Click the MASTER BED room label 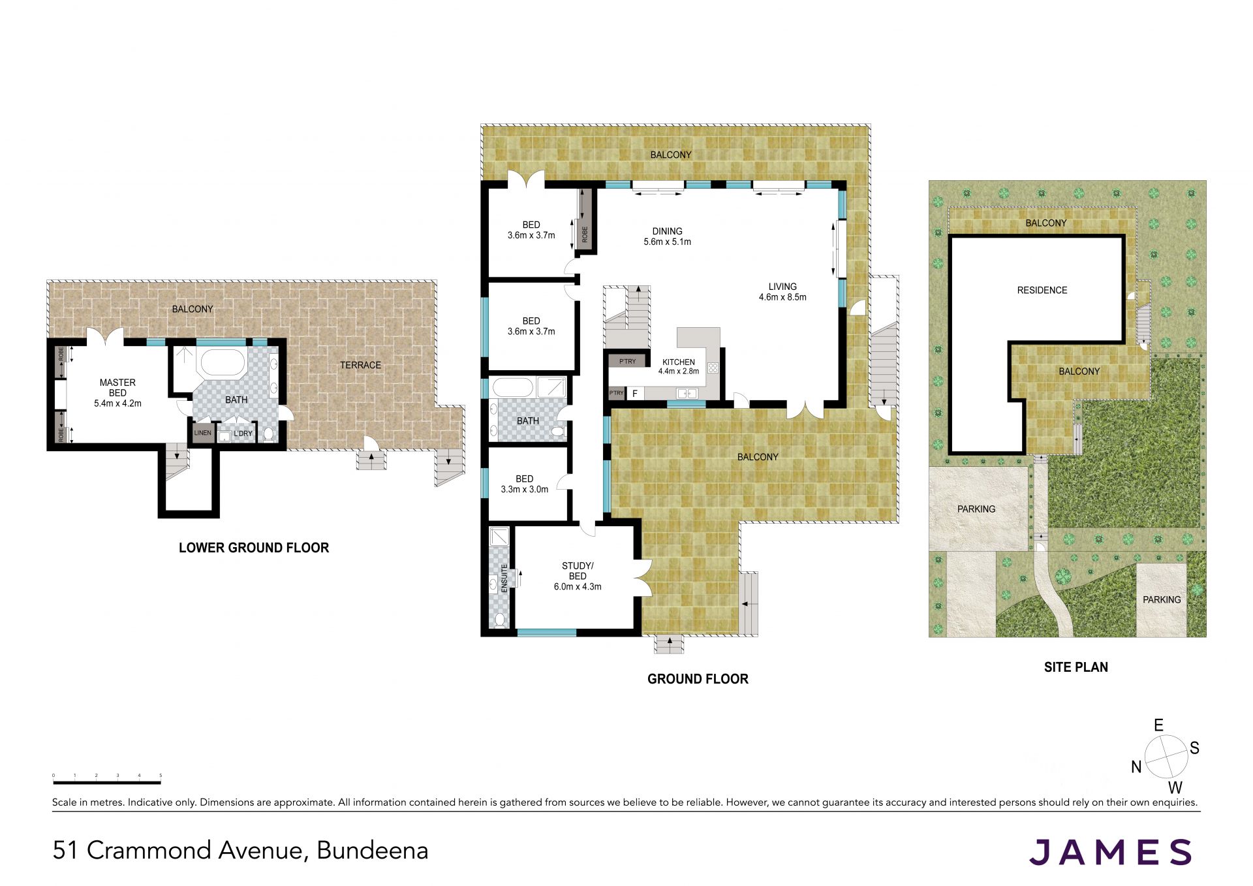[x=117, y=393]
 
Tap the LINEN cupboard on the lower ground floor [x=202, y=434]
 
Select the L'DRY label [x=243, y=434]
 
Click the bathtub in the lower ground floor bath [x=222, y=363]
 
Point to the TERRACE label [x=360, y=365]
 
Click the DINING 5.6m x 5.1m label [x=667, y=236]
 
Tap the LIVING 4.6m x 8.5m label [x=782, y=292]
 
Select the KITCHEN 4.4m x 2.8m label [x=679, y=366]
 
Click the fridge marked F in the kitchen [x=635, y=394]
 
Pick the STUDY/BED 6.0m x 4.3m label [x=578, y=576]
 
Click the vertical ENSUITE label [x=504, y=578]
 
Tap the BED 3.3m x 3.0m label [x=525, y=484]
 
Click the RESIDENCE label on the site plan [x=1042, y=290]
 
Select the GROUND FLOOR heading [x=698, y=679]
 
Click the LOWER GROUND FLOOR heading [x=254, y=548]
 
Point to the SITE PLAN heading [x=1075, y=667]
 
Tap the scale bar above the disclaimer [x=107, y=781]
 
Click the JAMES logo [x=1111, y=852]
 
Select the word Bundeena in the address [x=373, y=850]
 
